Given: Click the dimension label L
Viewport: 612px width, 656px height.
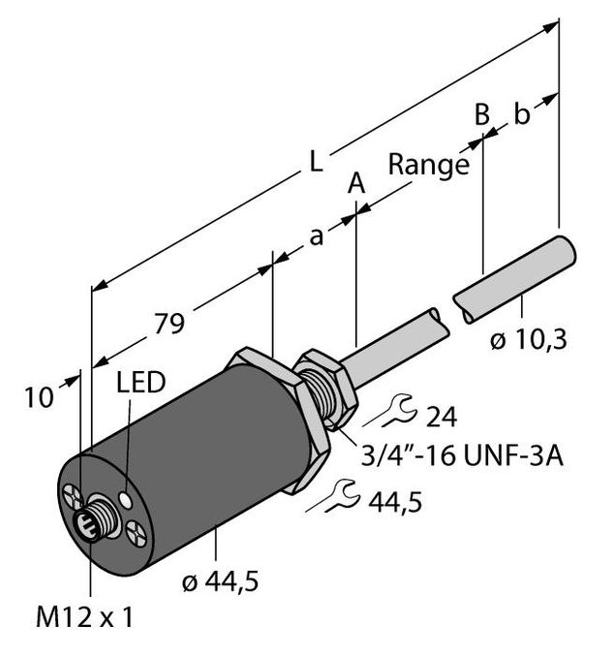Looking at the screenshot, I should coord(315,162).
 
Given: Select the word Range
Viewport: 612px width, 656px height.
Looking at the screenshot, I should coord(428,165).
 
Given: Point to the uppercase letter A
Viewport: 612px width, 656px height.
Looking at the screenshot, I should coord(357,182).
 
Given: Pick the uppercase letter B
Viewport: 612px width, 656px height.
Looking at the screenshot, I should coord(481,114).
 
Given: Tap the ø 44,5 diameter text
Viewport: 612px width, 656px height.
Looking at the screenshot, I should coord(222,581).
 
